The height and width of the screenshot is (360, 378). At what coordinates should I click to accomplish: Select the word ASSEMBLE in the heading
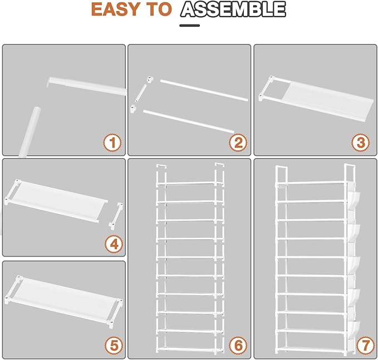point(233,9)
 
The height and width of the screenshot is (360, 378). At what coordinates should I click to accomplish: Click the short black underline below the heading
point(189,25)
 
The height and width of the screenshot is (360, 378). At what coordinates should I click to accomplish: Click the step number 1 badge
point(112,142)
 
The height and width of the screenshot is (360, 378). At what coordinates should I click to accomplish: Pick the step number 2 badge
point(238,142)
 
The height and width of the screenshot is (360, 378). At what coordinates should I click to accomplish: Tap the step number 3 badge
point(361,142)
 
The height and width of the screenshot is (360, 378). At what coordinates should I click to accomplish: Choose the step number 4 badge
point(114,245)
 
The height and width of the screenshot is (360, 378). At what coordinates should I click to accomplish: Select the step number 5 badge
point(114,346)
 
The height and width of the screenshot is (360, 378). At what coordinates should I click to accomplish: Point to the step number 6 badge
point(238,346)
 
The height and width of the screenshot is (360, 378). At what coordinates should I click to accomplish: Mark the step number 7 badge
point(365,346)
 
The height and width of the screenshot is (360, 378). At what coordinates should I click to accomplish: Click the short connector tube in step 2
point(141,93)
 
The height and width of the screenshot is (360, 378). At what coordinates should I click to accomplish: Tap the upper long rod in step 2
point(204,90)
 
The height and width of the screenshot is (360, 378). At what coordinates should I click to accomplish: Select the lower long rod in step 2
point(189,121)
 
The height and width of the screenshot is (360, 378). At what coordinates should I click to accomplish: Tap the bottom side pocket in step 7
point(354,329)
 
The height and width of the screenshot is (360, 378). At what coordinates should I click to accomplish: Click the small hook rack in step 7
point(282,186)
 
